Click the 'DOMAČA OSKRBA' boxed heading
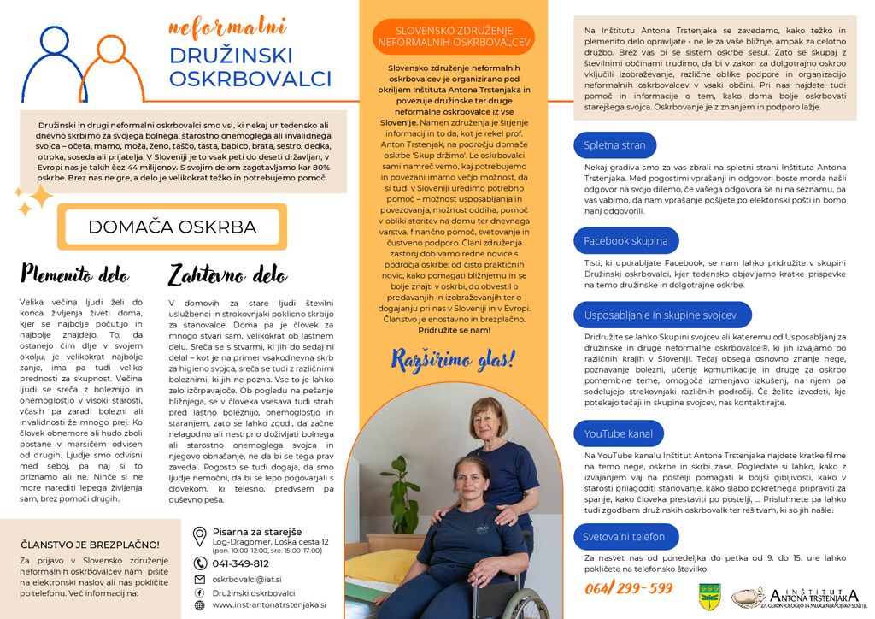click(x=172, y=227)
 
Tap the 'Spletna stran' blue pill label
click(x=614, y=145)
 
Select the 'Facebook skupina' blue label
click(x=625, y=241)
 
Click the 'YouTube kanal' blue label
click(x=618, y=433)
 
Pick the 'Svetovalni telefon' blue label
click(x=624, y=537)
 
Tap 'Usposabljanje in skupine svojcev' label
click(x=660, y=315)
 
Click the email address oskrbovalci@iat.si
click(x=247, y=579)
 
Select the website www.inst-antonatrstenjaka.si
click(x=268, y=604)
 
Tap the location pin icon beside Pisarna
click(x=199, y=536)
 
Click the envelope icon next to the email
click(x=199, y=579)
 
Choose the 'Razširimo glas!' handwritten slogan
click(x=453, y=359)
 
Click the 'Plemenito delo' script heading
click(x=75, y=274)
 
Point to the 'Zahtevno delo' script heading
click(x=227, y=274)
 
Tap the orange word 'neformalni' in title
click(x=226, y=27)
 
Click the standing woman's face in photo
click(x=484, y=418)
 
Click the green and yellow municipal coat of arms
click(x=708, y=592)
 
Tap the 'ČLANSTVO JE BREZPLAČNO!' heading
click(x=90, y=545)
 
